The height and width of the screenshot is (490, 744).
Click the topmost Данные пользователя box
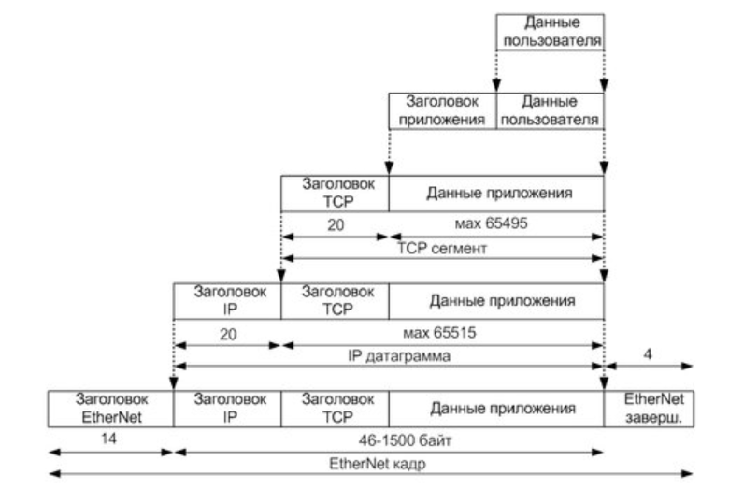point(550,34)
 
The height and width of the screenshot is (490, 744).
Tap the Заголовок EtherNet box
point(110,408)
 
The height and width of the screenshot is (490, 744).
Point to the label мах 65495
point(496,225)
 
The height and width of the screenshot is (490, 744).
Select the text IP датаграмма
point(389,355)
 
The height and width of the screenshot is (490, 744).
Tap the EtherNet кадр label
point(372,461)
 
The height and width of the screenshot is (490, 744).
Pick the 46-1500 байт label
point(389,438)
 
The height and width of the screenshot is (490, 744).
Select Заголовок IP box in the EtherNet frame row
point(227,408)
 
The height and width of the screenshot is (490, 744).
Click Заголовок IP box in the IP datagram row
point(227,301)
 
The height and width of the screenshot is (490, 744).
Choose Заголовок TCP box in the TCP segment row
point(335,193)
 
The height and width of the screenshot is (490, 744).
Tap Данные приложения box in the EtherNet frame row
point(496,409)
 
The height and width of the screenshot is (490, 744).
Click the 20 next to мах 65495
point(335,225)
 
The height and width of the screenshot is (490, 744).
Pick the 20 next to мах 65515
point(227,332)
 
